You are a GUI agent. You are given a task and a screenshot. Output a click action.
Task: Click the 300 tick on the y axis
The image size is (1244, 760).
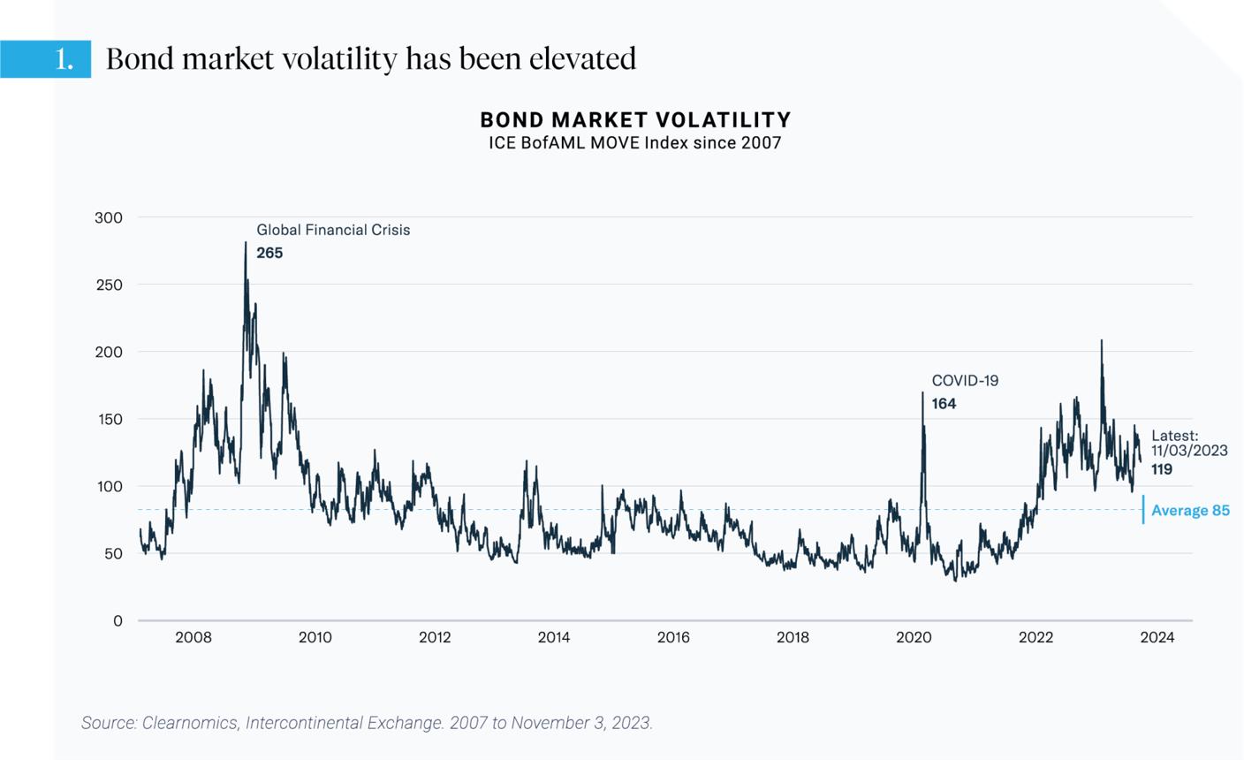click(x=109, y=217)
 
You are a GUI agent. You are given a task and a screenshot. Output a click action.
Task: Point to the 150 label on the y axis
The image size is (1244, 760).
click(x=109, y=419)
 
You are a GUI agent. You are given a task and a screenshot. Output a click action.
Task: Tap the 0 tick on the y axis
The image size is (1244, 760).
click(x=118, y=620)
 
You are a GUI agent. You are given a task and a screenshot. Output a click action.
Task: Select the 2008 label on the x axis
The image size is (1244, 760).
click(x=193, y=637)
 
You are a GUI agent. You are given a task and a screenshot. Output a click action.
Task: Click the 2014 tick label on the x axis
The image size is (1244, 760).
click(x=554, y=637)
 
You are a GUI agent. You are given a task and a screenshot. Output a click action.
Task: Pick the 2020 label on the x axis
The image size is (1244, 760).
click(x=914, y=637)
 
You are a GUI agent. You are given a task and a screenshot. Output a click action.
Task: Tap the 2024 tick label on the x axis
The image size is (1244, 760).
click(x=1157, y=637)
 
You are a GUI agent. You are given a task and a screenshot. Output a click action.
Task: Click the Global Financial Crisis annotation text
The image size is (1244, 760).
click(x=333, y=230)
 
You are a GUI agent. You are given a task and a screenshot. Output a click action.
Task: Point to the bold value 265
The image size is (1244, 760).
click(x=269, y=253)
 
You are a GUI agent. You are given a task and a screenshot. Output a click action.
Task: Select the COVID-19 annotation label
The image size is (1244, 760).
click(x=965, y=381)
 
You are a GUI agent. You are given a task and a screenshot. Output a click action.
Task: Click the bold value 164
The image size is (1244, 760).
click(x=944, y=404)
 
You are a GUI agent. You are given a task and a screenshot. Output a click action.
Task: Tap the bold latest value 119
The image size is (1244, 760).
click(x=1162, y=469)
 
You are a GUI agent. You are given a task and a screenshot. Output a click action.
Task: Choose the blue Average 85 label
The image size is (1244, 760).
click(x=1190, y=511)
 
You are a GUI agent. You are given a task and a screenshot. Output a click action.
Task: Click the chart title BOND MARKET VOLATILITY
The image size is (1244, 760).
click(x=635, y=119)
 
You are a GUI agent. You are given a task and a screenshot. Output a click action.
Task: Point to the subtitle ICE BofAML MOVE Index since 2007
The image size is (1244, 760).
click(x=635, y=143)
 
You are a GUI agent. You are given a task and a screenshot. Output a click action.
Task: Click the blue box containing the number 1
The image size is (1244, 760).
click(x=46, y=59)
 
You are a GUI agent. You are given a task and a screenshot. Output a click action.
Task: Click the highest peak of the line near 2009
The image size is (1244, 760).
click(x=246, y=243)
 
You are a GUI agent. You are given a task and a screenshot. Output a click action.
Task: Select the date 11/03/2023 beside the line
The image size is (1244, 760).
click(x=1189, y=451)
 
